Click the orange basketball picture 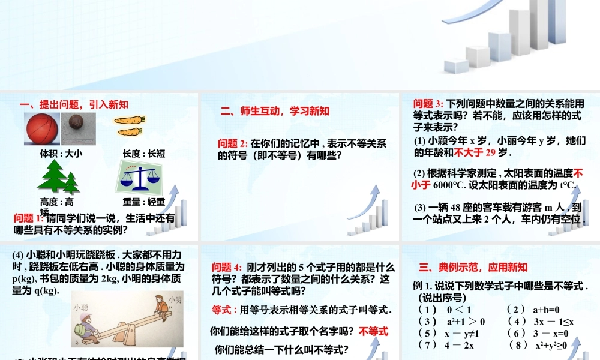pyautogui.click(x=41, y=130)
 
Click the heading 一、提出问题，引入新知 pyautogui.click(x=74, y=104)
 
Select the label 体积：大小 pyautogui.click(x=61, y=154)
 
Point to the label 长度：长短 pyautogui.click(x=143, y=154)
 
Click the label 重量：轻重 pyautogui.click(x=143, y=202)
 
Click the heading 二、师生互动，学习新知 pyautogui.click(x=274, y=111)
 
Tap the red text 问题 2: pyautogui.click(x=232, y=143)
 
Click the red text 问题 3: pyautogui.click(x=428, y=104)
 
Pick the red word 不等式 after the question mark pyautogui.click(x=373, y=331)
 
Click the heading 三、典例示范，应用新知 pyautogui.click(x=473, y=267)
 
